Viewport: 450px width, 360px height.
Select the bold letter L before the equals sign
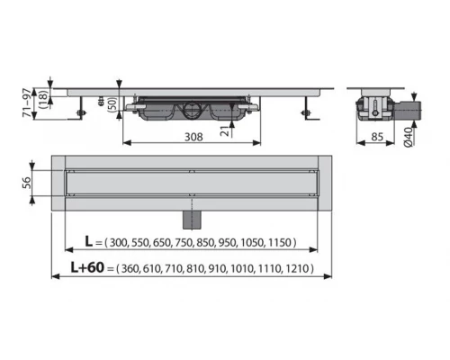tap(88, 242)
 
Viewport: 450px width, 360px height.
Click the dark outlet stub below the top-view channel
tap(190, 218)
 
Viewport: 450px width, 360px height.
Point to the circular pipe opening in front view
tap(190, 112)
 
